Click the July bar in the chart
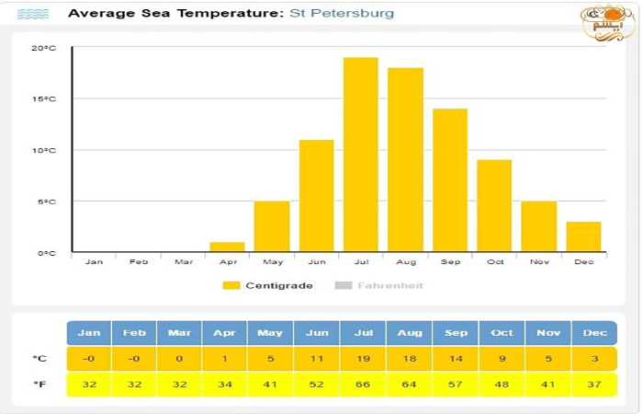click(x=361, y=155)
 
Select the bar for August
click(x=405, y=160)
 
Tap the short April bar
click(x=227, y=247)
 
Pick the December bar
click(x=583, y=236)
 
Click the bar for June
click(x=316, y=196)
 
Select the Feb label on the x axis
click(x=139, y=262)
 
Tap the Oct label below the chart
click(x=495, y=262)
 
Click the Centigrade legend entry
click(x=268, y=285)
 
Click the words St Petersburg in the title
click(x=342, y=14)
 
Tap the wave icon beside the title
click(x=34, y=14)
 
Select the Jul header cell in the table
click(x=363, y=333)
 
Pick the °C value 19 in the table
click(x=363, y=359)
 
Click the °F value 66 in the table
click(x=363, y=385)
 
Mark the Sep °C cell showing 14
click(x=456, y=359)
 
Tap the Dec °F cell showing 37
click(x=593, y=385)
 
